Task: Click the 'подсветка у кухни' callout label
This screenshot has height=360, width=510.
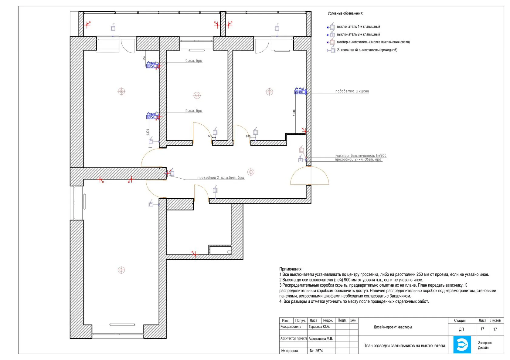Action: pyautogui.click(x=352, y=91)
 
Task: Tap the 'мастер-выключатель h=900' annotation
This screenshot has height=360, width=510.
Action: pyautogui.click(x=361, y=156)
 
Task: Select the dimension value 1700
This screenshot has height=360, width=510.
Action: pyautogui.click(x=294, y=113)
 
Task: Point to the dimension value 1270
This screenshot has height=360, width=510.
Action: pyautogui.click(x=148, y=132)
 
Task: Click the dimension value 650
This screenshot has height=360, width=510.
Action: pyautogui.click(x=144, y=58)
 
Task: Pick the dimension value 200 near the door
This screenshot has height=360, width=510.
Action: pyautogui.click(x=248, y=136)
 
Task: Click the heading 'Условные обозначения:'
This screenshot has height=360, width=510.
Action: pyautogui.click(x=345, y=13)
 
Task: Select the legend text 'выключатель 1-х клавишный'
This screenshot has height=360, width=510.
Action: pyautogui.click(x=358, y=27)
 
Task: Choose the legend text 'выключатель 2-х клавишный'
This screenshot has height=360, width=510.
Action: pyautogui.click(x=358, y=34)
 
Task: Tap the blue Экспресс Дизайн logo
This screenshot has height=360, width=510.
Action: pyautogui.click(x=462, y=344)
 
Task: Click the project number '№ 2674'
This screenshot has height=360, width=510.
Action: pyautogui.click(x=316, y=351)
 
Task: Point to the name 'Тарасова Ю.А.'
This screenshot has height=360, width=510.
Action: pyautogui.click(x=319, y=327)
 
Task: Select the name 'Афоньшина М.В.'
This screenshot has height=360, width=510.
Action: pyautogui.click(x=321, y=339)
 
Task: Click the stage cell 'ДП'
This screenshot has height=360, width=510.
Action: pyautogui.click(x=461, y=329)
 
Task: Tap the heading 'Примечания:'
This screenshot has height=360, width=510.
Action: pyautogui.click(x=291, y=269)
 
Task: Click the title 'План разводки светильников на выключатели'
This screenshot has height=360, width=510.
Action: pyautogui.click(x=404, y=346)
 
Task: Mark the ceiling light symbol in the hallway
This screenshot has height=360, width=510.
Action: pyautogui.click(x=251, y=172)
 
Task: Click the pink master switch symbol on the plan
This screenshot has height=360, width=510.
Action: pyautogui.click(x=301, y=150)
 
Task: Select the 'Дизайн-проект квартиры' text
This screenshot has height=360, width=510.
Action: pyautogui.click(x=393, y=327)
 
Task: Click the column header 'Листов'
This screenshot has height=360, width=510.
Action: pyautogui.click(x=495, y=321)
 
